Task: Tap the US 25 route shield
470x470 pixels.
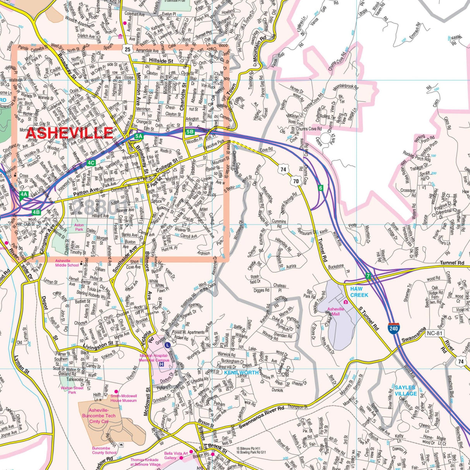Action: (128, 49)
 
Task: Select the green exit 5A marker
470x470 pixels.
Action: (139, 136)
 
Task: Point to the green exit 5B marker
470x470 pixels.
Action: (190, 132)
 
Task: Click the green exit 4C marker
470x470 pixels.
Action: (91, 163)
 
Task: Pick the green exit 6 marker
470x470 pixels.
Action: (320, 188)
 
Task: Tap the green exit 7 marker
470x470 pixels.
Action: (369, 276)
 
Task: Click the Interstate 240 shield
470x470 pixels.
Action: (394, 328)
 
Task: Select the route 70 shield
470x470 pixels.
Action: (296, 181)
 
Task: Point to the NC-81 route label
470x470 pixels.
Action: (434, 333)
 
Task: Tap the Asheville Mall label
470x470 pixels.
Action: (336, 311)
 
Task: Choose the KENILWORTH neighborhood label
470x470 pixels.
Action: (241, 372)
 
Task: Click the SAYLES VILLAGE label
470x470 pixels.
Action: (405, 390)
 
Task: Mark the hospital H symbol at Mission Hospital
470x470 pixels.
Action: (161, 364)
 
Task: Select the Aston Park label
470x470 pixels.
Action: (79, 227)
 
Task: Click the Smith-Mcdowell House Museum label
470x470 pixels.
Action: (124, 398)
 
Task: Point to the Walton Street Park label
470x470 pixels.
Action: (72, 390)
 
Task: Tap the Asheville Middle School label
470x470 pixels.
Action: (67, 263)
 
